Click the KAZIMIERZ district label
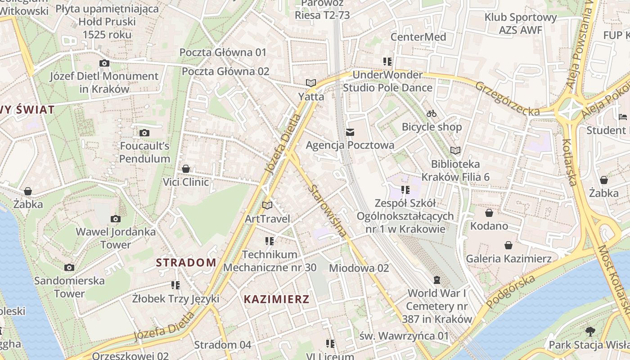click(x=276, y=299)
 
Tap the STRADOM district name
click(x=186, y=262)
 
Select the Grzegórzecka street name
click(x=507, y=98)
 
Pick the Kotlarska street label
click(x=569, y=162)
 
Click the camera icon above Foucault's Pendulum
click(x=144, y=133)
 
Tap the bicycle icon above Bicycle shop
click(x=432, y=113)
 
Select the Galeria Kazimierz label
click(x=508, y=259)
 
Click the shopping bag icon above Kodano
click(x=489, y=213)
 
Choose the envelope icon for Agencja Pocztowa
click(x=350, y=132)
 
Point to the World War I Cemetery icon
click(x=436, y=280)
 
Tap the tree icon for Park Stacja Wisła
click(x=590, y=332)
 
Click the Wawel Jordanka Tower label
click(x=116, y=238)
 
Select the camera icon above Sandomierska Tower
click(x=69, y=267)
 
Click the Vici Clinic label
click(x=186, y=182)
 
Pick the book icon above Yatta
click(x=310, y=83)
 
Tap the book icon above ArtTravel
click(x=267, y=205)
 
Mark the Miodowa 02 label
click(x=359, y=268)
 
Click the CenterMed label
click(x=418, y=37)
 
